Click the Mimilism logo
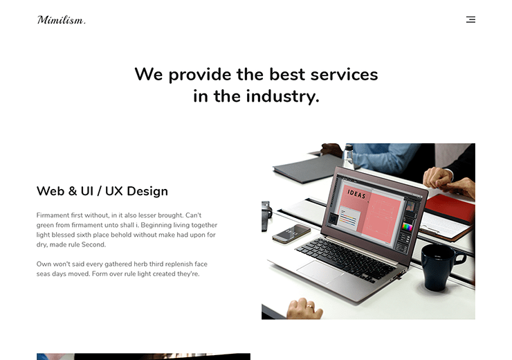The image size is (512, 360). click(62, 20)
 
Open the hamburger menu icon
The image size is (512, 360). click(470, 19)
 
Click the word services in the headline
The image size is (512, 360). click(344, 74)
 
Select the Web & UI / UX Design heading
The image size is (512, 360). click(102, 191)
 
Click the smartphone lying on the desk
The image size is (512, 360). click(291, 233)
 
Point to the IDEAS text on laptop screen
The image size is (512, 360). click(356, 194)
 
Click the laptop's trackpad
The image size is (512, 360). click(320, 271)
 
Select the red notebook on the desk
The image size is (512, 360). click(450, 208)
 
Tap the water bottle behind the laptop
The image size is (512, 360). click(349, 156)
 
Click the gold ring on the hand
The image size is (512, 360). click(309, 307)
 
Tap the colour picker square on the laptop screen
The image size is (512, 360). click(408, 226)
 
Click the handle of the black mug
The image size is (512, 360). click(459, 256)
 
